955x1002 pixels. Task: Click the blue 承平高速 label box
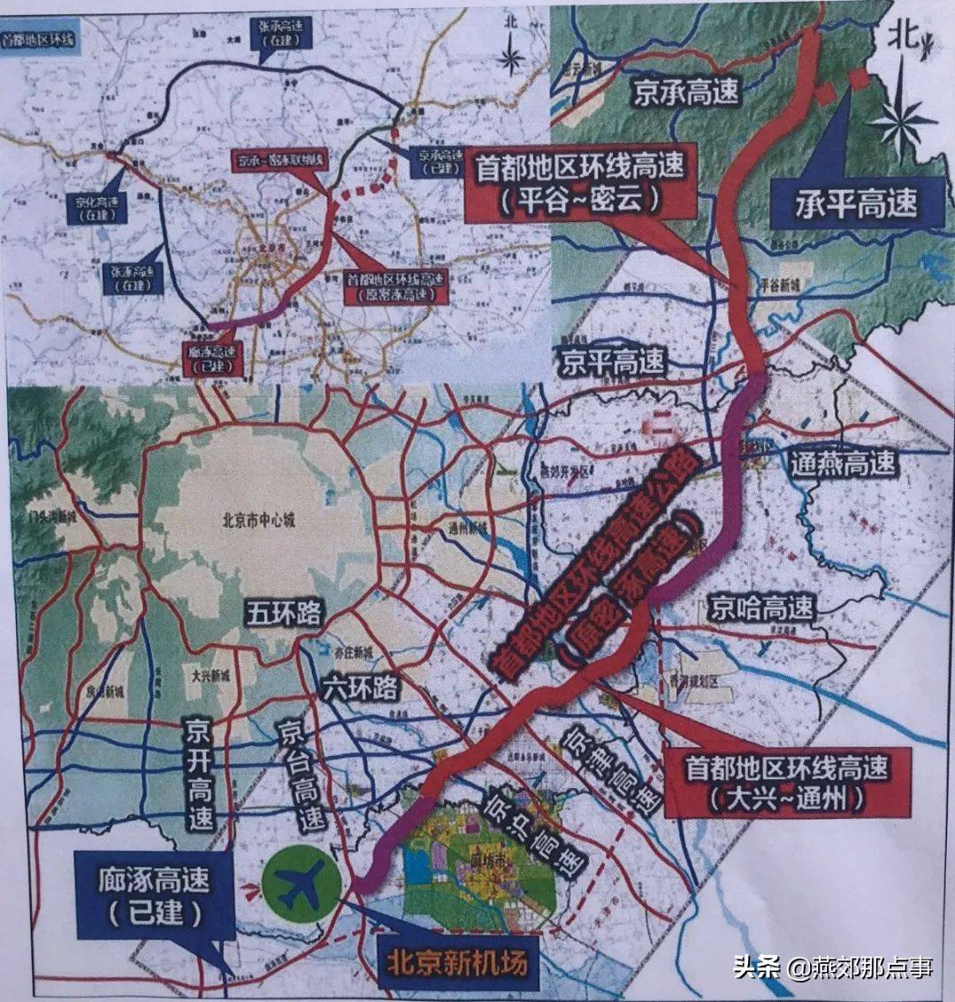tap(844, 203)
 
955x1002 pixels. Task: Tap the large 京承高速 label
tap(686, 91)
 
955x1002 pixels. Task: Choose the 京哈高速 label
tap(761, 608)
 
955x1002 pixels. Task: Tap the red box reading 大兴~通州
tap(787, 783)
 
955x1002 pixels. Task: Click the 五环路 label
tap(284, 614)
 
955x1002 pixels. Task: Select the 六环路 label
tap(361, 685)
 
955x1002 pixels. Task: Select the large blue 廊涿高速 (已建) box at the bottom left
tap(156, 895)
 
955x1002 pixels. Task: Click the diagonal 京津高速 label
tap(611, 769)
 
